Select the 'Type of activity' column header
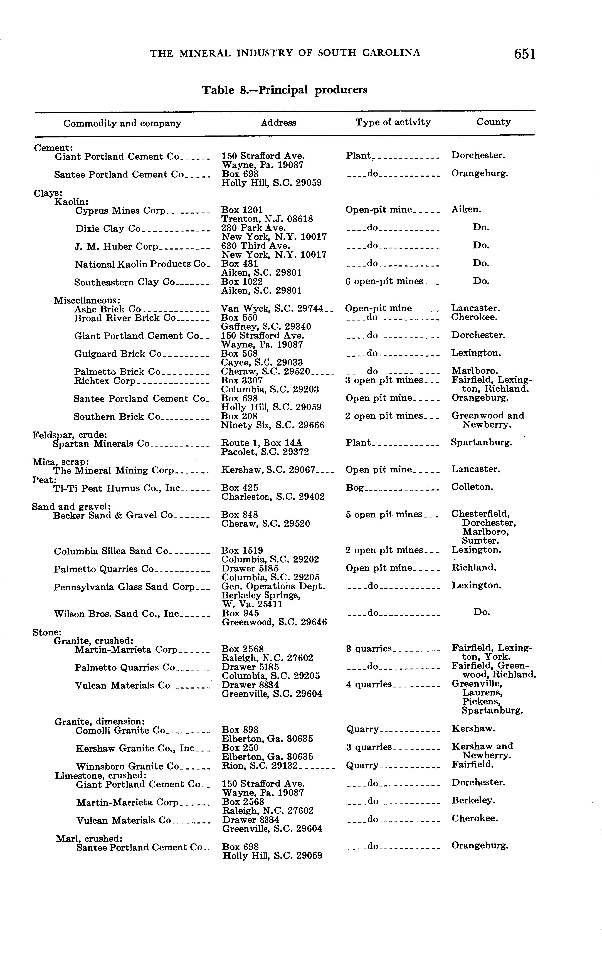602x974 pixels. point(393,122)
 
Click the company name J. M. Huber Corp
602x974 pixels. point(116,246)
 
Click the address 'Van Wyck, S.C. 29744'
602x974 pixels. point(272,309)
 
